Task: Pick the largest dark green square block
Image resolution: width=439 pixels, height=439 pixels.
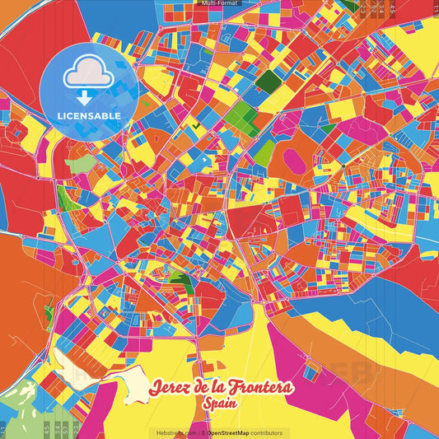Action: tap(267, 81)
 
